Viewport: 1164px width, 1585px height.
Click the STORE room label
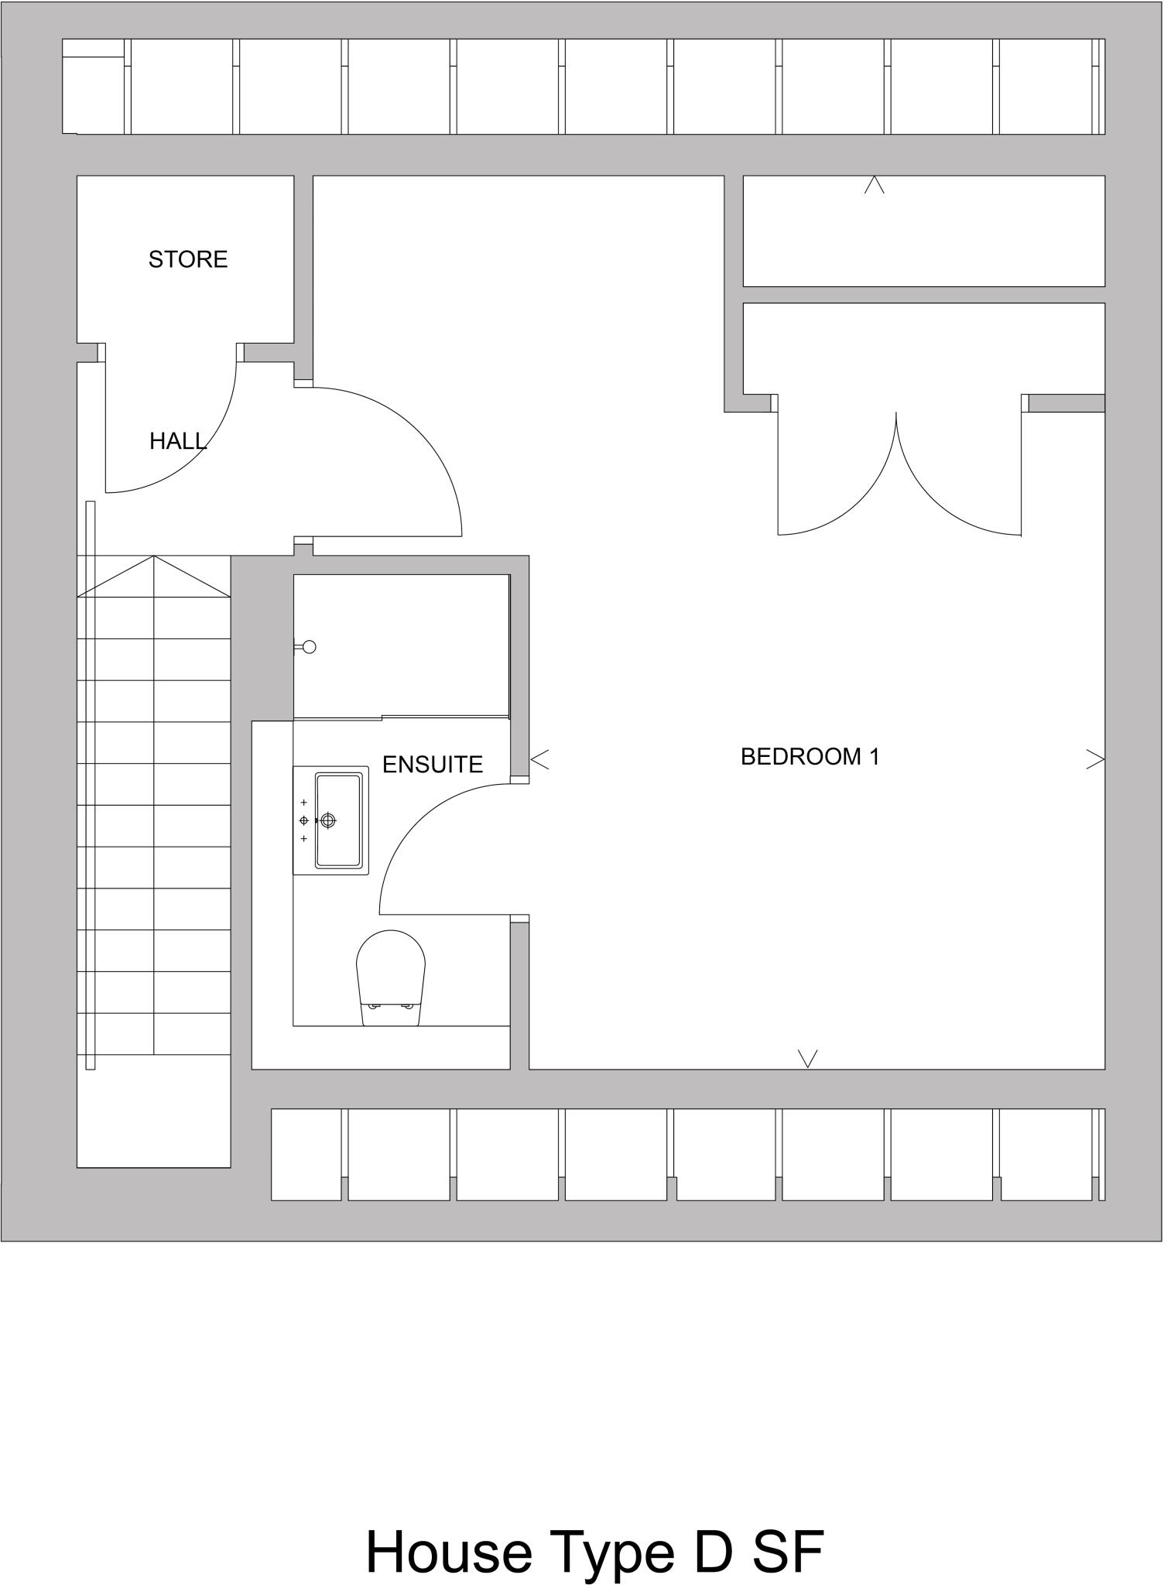coord(188,259)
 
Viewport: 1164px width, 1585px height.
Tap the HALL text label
coord(177,441)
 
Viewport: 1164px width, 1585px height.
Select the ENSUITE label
coord(432,765)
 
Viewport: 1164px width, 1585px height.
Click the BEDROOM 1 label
coord(810,756)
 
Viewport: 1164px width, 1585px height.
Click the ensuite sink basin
coord(338,820)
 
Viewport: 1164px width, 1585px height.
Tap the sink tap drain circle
coord(328,820)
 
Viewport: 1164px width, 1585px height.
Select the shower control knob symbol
coord(309,647)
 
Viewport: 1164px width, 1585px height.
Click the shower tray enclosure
coord(401,646)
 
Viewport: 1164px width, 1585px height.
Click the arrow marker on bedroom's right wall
coord(1095,759)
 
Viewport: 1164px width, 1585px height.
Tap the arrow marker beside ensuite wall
coord(540,760)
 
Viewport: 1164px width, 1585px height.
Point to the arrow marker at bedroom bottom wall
coord(807,1058)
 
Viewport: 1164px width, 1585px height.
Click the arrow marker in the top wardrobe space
coord(875,185)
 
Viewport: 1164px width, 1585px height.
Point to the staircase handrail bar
coord(91,786)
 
